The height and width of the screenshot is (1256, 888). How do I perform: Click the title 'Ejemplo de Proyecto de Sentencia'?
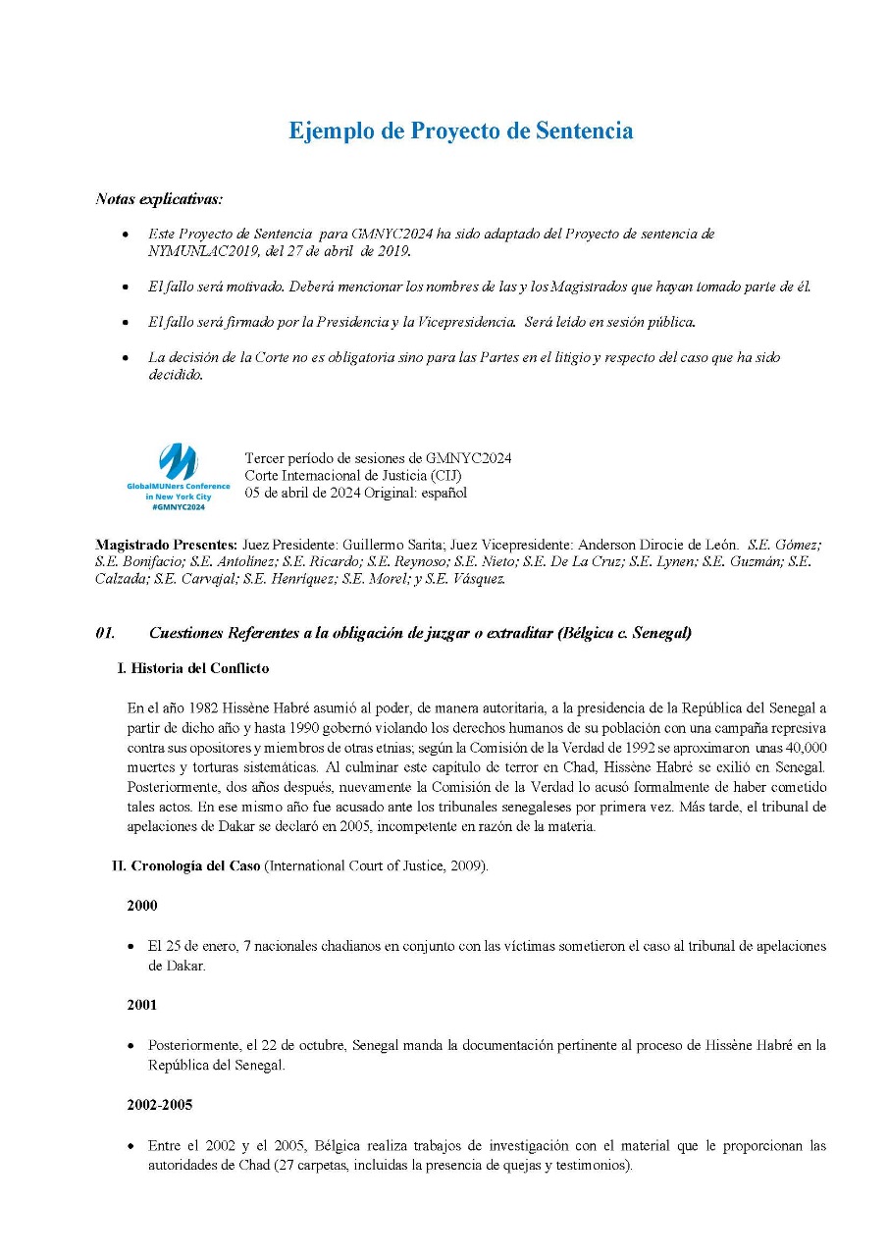(x=460, y=131)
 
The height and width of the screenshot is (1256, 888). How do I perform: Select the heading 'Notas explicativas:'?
(x=158, y=199)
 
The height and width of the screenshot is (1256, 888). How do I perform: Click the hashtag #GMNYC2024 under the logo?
(x=178, y=506)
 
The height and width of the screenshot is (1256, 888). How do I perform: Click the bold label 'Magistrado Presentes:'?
(x=166, y=545)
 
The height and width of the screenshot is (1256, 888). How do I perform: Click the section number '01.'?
(x=106, y=634)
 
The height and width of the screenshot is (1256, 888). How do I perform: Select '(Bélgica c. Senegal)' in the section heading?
(x=624, y=634)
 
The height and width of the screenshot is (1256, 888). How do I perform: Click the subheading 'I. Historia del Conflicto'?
(x=192, y=669)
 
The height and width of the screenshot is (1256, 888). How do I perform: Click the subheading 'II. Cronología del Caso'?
(x=186, y=866)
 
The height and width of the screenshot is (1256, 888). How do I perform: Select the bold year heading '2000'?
(x=142, y=907)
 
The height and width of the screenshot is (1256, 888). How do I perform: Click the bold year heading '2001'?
(x=142, y=1006)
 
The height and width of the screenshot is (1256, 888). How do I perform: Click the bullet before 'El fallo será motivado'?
(x=125, y=288)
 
